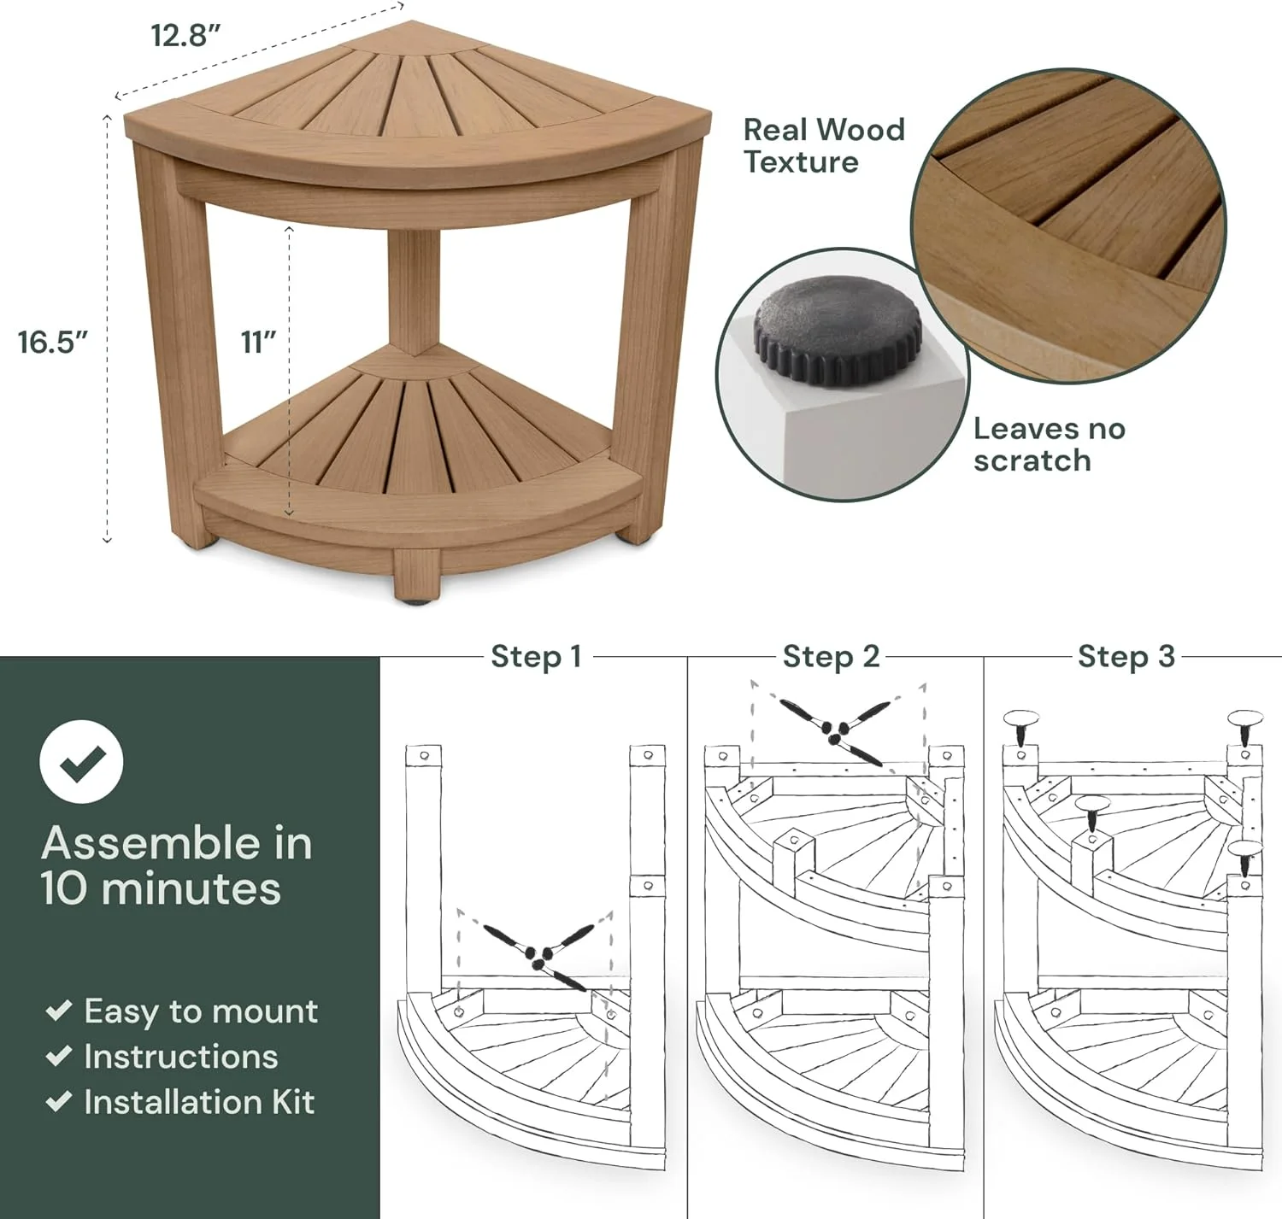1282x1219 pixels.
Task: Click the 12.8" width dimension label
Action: coord(185,36)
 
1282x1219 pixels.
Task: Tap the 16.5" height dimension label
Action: coord(53,342)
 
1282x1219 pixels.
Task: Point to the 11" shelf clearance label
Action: coord(258,342)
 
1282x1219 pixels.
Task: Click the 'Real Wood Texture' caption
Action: coord(823,145)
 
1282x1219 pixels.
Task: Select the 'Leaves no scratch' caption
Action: coord(1049,444)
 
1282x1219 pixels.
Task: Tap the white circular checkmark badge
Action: coord(81,761)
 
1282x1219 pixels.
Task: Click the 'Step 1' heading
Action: coord(536,656)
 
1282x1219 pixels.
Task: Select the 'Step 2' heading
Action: coord(831,656)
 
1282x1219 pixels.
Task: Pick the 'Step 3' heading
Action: coord(1126,656)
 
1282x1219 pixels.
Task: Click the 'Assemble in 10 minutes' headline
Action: coord(177,865)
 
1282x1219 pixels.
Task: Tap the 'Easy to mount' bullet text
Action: coord(200,1011)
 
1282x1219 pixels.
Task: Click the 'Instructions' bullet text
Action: coord(180,1057)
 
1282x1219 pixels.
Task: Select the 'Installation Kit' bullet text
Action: coord(198,1102)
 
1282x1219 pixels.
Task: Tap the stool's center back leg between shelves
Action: coord(414,290)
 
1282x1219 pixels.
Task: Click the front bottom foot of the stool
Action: coord(416,577)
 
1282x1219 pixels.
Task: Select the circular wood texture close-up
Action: coord(1068,226)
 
